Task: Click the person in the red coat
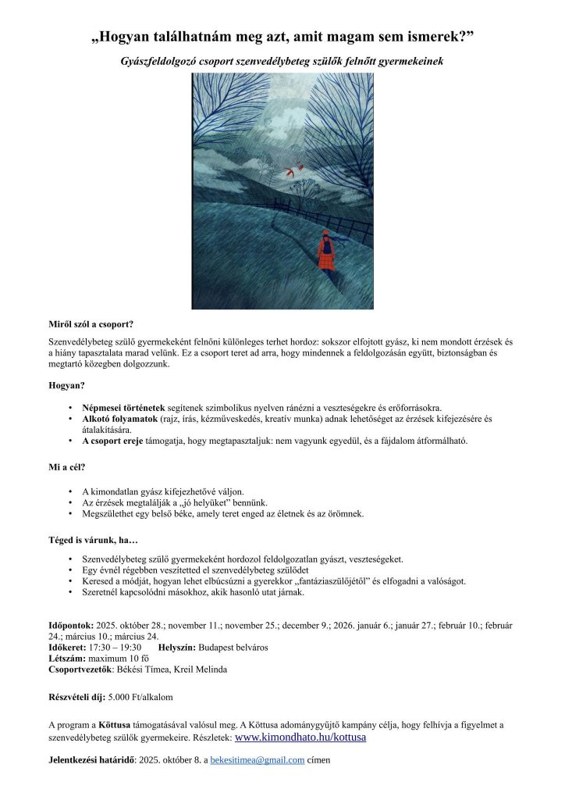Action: tap(326, 251)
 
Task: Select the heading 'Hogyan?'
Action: tap(67, 385)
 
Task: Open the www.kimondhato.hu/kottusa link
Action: tap(300, 737)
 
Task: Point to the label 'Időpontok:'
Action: tap(71, 626)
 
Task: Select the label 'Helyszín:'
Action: tap(177, 648)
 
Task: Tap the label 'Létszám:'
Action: tap(68, 659)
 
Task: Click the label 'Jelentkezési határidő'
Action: tap(91, 759)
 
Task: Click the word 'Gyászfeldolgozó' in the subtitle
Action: tap(165, 60)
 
